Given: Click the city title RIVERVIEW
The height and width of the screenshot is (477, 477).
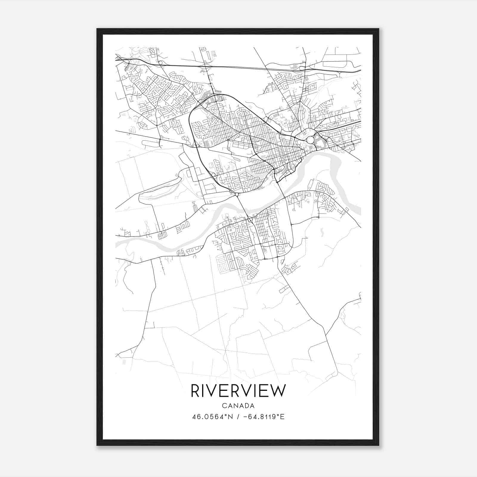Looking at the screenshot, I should coord(238,391).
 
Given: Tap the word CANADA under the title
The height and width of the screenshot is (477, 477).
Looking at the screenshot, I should coord(238,406).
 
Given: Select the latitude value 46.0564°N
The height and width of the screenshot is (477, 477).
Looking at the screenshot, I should coord(211,417).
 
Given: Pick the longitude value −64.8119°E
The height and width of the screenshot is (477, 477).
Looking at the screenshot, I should coord(264,417).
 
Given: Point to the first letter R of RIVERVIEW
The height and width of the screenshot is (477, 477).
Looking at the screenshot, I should coord(195,391).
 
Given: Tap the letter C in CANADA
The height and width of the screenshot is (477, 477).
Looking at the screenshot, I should coord(224,406).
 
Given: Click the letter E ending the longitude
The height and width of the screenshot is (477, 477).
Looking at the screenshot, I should coord(283,417).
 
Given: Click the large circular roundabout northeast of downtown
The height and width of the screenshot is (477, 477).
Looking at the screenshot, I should coord(310,140).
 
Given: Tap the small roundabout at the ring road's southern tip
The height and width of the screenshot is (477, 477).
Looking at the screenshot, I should coord(237,194).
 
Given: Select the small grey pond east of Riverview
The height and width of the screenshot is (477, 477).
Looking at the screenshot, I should coord(322,231).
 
